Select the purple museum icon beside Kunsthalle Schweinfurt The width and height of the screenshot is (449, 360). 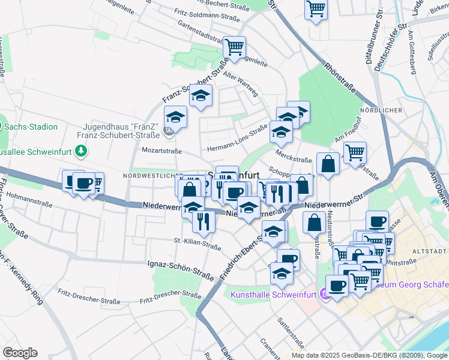click(x=325, y=294)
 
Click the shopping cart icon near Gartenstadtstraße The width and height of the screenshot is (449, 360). click(x=234, y=47)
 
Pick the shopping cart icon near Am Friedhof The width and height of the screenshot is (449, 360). click(x=355, y=152)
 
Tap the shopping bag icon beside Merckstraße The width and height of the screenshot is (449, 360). click(x=328, y=163)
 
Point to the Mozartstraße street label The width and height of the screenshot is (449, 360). click(x=161, y=151)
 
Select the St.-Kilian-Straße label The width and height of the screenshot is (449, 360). click(x=197, y=243)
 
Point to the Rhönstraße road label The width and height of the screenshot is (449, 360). click(x=339, y=80)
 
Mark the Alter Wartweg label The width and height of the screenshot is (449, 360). click(x=240, y=83)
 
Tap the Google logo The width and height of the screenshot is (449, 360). click(x=20, y=353)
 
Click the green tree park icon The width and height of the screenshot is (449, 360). click(x=80, y=152)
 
